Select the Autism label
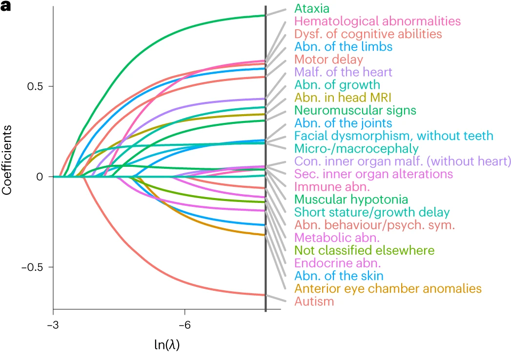314,301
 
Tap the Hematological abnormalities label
377,21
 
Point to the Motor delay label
329,60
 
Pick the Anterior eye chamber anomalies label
388,289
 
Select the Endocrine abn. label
333,263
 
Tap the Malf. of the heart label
343,72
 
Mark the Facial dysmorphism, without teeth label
394,136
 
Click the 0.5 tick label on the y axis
35,86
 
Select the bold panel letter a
5,8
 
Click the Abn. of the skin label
338,276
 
